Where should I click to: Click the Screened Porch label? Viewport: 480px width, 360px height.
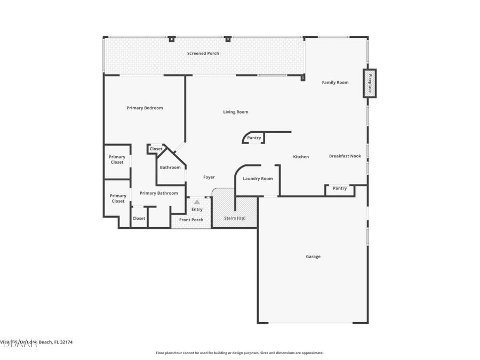coord(203,53)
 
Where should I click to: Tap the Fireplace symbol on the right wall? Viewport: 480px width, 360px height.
coord(370,83)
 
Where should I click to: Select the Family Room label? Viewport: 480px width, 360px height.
coord(335,83)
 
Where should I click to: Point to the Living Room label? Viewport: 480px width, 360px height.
coord(235,112)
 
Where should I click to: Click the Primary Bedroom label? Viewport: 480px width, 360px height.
coord(145,108)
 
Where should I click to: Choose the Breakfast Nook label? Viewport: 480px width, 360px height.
coord(345,156)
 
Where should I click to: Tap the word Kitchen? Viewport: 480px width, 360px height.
coord(301,157)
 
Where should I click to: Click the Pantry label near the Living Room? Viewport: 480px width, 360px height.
coord(254,138)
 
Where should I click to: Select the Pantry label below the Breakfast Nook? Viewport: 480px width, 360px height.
coord(339,188)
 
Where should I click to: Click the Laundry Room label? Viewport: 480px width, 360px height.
coord(258,179)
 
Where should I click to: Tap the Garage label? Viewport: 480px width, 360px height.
coord(313,257)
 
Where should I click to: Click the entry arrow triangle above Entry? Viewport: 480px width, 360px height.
coord(197,202)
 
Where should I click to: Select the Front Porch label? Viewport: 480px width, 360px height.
coord(191,220)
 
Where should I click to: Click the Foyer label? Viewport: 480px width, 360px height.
coord(209,177)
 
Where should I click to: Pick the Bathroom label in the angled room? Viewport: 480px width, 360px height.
coord(170,167)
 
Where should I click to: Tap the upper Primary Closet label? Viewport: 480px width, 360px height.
coord(117,159)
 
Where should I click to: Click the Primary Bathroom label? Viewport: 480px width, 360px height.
coord(158,193)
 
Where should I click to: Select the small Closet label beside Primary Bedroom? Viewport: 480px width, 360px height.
coord(156,149)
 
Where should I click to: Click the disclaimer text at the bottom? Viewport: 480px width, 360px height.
coord(239,353)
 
